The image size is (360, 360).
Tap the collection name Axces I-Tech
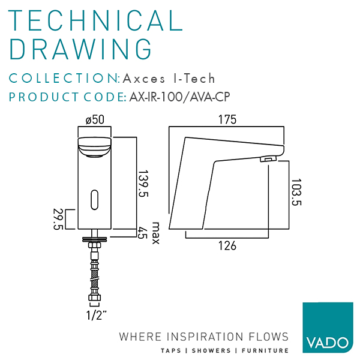pos(169,79)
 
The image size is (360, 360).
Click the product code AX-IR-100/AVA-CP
pos(180,97)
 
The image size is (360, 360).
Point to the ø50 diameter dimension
pos(95,120)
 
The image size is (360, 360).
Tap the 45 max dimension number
pos(143,232)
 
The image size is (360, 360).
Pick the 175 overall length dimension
pos(227,120)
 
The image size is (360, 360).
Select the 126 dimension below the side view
pos(227,246)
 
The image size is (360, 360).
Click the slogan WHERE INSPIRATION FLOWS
pos(204,336)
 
